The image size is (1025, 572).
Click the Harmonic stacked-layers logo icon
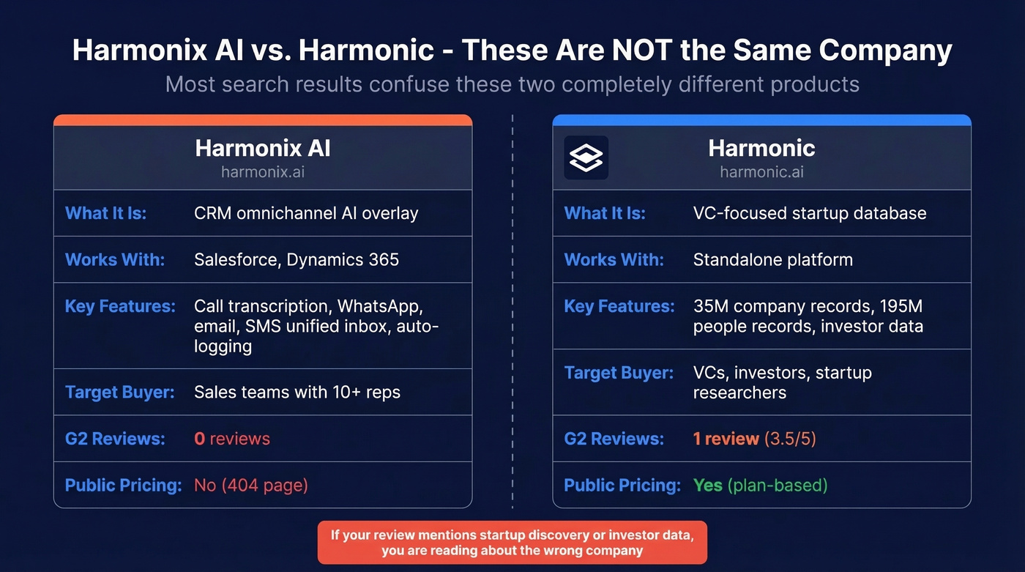click(x=586, y=157)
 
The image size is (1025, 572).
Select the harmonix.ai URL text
click(x=263, y=173)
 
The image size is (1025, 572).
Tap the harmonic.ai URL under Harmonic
click(x=761, y=173)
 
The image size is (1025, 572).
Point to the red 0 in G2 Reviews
click(x=199, y=439)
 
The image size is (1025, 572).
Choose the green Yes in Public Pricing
click(x=708, y=485)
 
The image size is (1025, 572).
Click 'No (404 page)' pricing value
click(x=251, y=485)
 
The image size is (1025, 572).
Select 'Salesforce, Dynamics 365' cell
click(x=297, y=259)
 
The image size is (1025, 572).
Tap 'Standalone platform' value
click(x=772, y=259)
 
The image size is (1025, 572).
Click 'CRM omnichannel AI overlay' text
click(x=306, y=213)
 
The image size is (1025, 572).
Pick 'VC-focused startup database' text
click(x=809, y=213)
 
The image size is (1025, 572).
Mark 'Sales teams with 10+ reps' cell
click(x=297, y=392)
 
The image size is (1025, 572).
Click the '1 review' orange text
click(x=726, y=439)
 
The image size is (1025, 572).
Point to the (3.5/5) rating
click(x=790, y=439)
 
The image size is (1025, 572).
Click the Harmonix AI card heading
click(x=263, y=149)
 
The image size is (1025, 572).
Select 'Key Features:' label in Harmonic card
click(x=619, y=306)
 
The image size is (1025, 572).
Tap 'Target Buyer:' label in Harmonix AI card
click(x=120, y=392)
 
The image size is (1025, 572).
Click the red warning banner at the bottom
click(x=512, y=542)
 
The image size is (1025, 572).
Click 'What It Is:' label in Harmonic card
click(x=605, y=213)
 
